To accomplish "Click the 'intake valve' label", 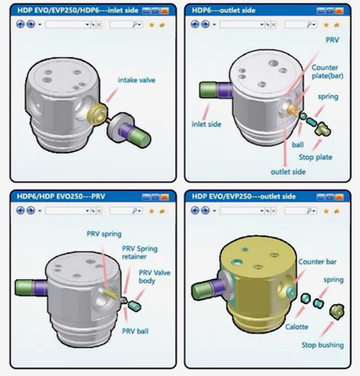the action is pyautogui.click(x=137, y=80).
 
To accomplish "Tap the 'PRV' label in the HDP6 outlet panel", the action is pyautogui.click(x=332, y=40).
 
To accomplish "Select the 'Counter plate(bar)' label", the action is pyautogui.click(x=327, y=72).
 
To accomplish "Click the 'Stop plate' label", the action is pyautogui.click(x=315, y=157).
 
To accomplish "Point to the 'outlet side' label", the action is pyautogui.click(x=288, y=172).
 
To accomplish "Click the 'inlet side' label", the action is pyautogui.click(x=206, y=124).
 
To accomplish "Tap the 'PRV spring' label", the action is pyautogui.click(x=104, y=234).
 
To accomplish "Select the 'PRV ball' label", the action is pyautogui.click(x=135, y=331).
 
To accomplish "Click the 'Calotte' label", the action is pyautogui.click(x=297, y=327).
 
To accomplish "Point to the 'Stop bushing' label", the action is pyautogui.click(x=322, y=345).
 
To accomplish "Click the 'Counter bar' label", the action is pyautogui.click(x=317, y=262).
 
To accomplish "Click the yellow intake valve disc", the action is pyautogui.click(x=97, y=114).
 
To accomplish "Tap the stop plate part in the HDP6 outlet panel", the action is pyautogui.click(x=322, y=129).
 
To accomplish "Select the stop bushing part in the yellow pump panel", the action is pyautogui.click(x=337, y=311).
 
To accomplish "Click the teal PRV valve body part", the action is pyautogui.click(x=134, y=306).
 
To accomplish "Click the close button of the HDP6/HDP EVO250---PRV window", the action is pyautogui.click(x=164, y=197).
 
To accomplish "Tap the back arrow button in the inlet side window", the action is pyautogui.click(x=20, y=25).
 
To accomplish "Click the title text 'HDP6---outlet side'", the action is pyautogui.click(x=223, y=11).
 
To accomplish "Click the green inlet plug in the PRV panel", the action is pyautogui.click(x=24, y=288).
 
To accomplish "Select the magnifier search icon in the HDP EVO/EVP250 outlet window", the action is pyautogui.click(x=309, y=211).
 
